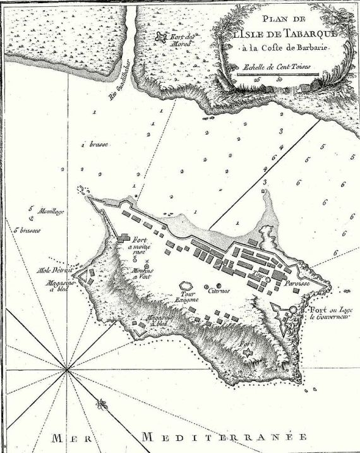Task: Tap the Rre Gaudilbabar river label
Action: [x=122, y=87]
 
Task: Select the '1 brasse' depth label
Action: [x=95, y=145]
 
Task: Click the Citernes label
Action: [x=221, y=289]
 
